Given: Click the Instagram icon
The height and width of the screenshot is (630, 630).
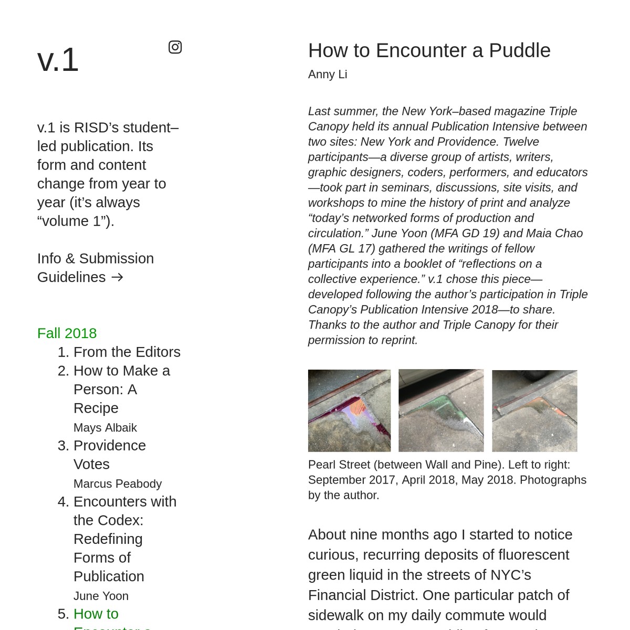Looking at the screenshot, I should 175,47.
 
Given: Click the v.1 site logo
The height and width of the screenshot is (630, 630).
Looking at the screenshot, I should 58,60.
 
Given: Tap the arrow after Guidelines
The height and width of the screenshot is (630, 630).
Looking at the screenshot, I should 117,277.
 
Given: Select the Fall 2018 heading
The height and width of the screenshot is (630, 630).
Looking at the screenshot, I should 67,333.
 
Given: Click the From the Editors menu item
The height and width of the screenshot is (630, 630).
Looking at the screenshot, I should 127,352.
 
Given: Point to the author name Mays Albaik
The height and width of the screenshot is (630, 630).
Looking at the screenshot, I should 105,428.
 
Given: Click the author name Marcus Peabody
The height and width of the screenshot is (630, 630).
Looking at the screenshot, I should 118,484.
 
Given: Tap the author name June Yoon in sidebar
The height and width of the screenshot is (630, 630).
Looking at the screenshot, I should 101,596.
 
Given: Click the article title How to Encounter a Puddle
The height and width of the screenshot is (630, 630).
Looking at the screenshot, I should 429,50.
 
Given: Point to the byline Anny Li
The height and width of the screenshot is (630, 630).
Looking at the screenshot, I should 328,75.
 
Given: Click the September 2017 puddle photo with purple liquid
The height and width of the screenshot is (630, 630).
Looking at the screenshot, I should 349,411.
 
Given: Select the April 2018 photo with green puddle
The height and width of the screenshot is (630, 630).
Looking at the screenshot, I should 441,411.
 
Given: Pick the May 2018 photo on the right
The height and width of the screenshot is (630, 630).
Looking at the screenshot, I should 534,411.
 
